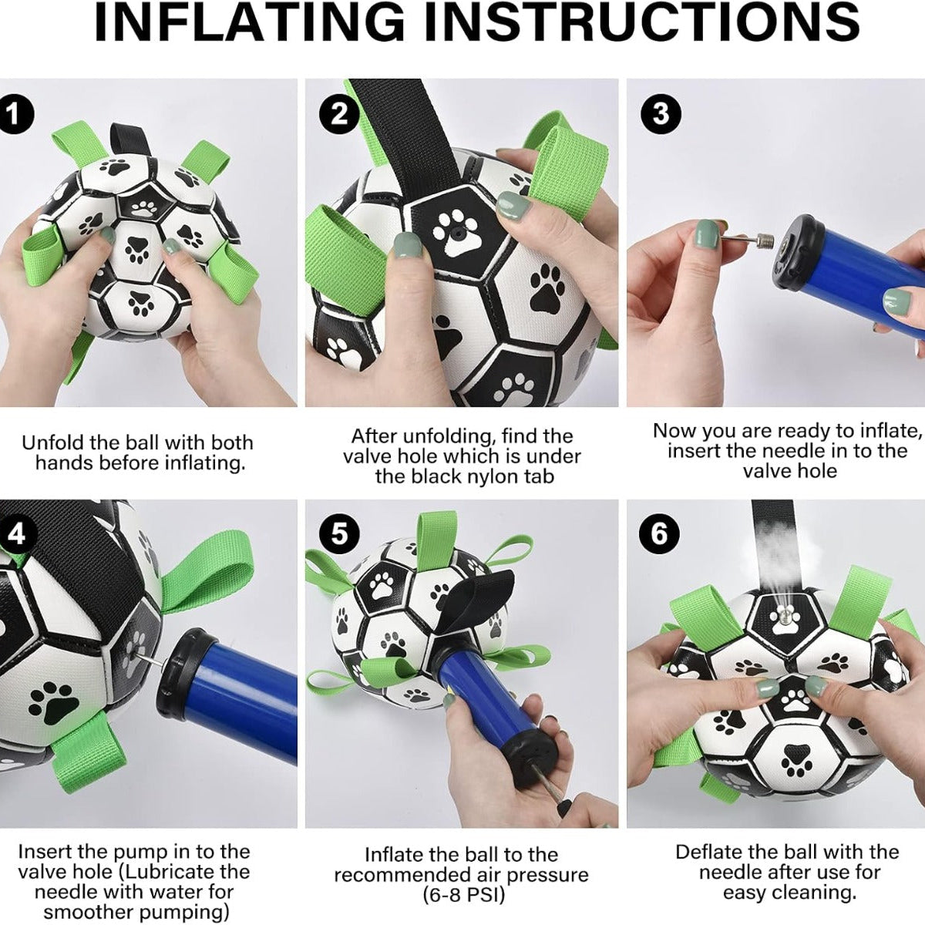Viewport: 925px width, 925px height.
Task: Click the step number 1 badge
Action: click(x=16, y=115)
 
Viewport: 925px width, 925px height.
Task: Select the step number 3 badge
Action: click(x=661, y=114)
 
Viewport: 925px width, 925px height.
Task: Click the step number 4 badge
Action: click(x=16, y=533)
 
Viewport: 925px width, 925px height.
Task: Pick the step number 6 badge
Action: click(x=661, y=533)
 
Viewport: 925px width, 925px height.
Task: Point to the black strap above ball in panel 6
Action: click(x=772, y=540)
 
